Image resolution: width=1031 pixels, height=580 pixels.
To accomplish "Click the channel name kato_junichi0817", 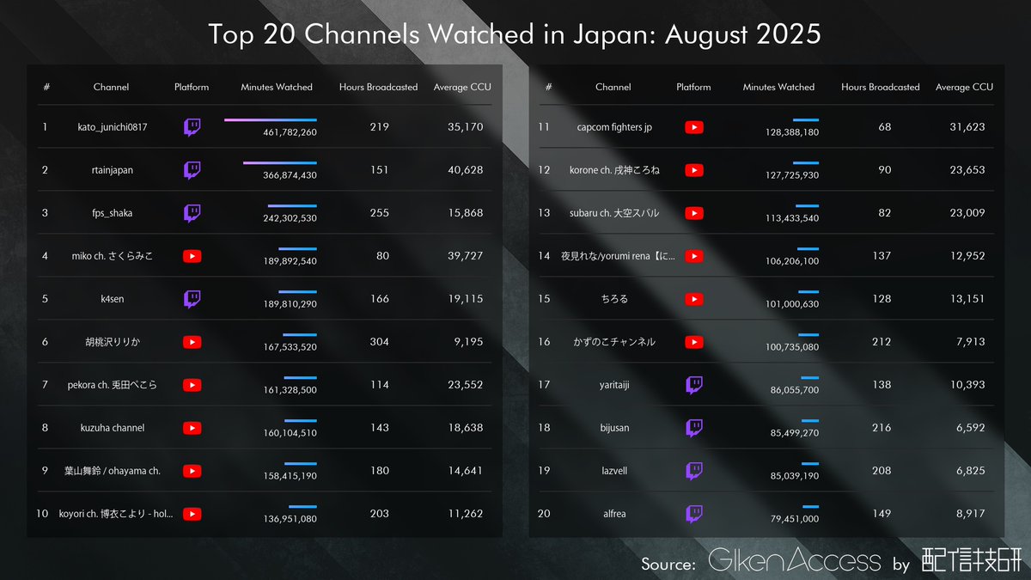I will click(112, 127).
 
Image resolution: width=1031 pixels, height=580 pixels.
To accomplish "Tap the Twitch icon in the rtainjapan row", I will click(192, 170).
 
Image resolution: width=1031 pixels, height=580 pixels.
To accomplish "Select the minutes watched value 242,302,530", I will click(290, 218).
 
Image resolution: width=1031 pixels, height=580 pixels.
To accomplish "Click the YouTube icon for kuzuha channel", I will click(192, 428).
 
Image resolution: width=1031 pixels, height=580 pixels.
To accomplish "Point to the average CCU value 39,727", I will click(465, 256).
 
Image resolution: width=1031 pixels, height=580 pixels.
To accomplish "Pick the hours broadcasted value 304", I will click(378, 342).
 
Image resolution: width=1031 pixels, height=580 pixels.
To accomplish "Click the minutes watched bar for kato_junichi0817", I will click(270, 119).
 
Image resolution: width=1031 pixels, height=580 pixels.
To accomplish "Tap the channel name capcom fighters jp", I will click(614, 127).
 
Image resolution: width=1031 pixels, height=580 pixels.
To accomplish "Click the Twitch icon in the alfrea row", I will click(694, 514).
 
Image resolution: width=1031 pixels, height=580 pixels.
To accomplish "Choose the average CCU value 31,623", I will click(967, 127).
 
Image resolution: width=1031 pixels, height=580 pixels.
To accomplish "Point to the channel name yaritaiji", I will click(614, 385).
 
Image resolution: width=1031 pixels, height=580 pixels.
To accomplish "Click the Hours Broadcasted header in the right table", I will click(880, 87).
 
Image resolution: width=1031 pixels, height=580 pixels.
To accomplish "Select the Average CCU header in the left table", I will click(462, 87).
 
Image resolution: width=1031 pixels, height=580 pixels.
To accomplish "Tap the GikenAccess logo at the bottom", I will click(795, 562).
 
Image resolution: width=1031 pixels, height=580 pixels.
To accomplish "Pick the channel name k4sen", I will click(112, 299).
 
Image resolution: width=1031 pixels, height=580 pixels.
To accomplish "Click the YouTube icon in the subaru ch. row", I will click(694, 213).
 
